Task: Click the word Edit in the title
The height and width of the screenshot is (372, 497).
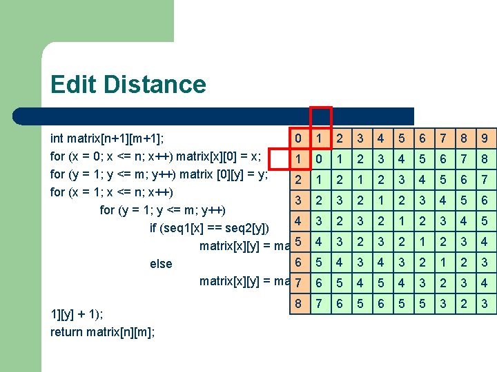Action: tap(70, 85)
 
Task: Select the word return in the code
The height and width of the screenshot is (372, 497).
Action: tap(68, 332)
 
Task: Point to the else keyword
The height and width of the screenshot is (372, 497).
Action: tap(161, 264)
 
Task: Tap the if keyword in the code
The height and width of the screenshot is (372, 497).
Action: tap(153, 228)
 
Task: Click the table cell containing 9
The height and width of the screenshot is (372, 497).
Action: tap(485, 138)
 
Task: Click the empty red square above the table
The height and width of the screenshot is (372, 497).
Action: tap(321, 117)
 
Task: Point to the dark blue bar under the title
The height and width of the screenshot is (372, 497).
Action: tap(207, 116)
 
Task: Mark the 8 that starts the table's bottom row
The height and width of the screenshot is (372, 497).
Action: tap(298, 304)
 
